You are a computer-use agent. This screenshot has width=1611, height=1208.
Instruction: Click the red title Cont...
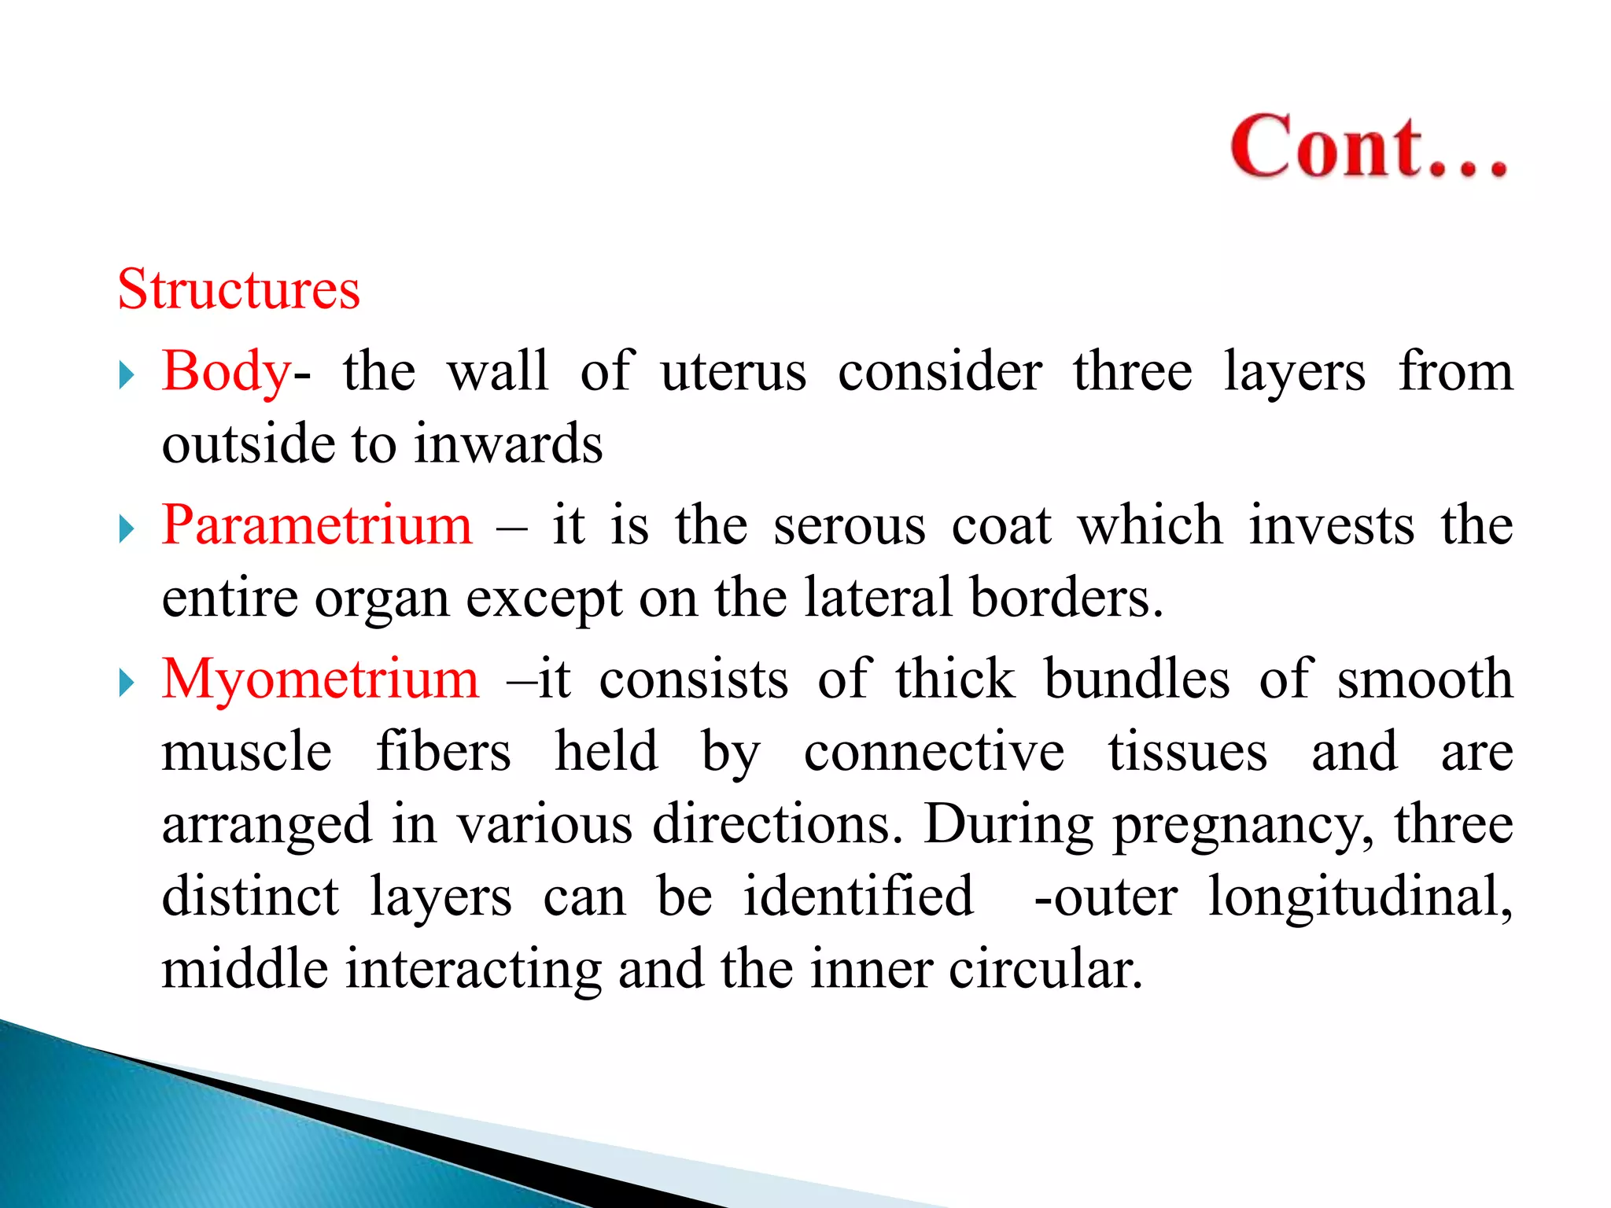click(x=1369, y=147)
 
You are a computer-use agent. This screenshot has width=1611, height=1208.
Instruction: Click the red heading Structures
click(x=239, y=289)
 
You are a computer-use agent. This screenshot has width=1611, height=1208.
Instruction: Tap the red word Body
click(x=227, y=372)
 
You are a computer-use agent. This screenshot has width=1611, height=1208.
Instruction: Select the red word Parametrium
click(x=317, y=525)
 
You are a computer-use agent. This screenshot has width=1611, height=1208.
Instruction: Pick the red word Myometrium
click(x=320, y=679)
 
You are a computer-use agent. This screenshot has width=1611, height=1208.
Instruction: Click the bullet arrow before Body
click(x=127, y=375)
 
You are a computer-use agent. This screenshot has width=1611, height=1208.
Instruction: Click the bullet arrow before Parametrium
click(x=127, y=528)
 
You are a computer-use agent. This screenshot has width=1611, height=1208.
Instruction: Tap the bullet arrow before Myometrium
click(x=127, y=683)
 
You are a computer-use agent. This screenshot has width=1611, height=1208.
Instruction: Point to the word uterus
click(x=733, y=372)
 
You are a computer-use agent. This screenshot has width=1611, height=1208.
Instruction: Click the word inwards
click(x=508, y=444)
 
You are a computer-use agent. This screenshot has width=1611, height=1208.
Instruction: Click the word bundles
click(x=1137, y=679)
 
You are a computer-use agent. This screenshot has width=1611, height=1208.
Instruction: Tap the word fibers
click(x=444, y=752)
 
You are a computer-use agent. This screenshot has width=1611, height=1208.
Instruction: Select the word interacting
click(x=474, y=969)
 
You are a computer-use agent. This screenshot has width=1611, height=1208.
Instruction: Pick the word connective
click(x=934, y=752)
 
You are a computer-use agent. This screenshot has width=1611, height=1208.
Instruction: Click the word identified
click(x=858, y=897)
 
